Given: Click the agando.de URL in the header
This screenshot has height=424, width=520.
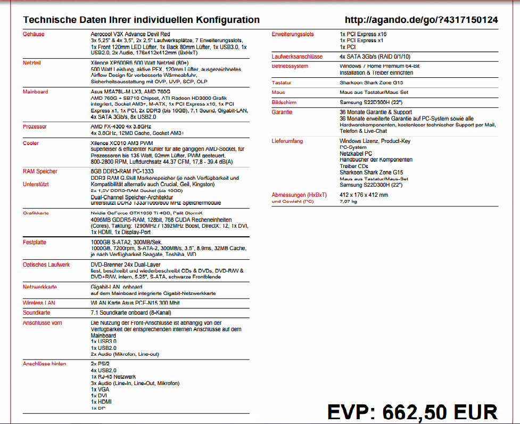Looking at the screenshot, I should point(421,20).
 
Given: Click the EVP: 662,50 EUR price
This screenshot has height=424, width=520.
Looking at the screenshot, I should point(412,412).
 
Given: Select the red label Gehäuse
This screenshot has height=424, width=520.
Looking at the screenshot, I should point(34,34).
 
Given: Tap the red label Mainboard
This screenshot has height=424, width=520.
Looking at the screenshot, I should point(35,92).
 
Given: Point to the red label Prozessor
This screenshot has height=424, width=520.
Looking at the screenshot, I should point(35,126).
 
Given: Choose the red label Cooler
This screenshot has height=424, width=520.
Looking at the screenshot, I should point(31,143).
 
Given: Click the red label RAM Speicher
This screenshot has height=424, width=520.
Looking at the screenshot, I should point(40,171).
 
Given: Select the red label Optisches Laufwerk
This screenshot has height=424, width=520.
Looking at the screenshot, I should point(46,265).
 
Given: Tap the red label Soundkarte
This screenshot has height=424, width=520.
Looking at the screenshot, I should point(37,312).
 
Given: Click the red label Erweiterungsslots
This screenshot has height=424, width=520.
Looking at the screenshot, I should point(293,34).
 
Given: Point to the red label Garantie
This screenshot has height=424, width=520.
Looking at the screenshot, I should point(282,113).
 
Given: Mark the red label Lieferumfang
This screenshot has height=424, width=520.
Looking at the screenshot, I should point(287,141).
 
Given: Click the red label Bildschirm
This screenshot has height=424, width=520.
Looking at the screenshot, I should point(284,102).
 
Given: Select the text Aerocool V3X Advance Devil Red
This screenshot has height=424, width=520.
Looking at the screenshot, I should point(130,34).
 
